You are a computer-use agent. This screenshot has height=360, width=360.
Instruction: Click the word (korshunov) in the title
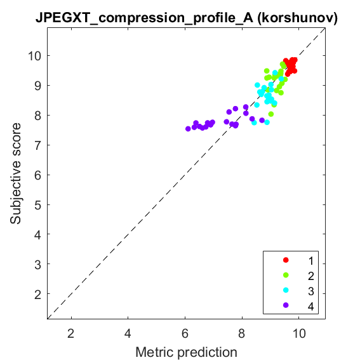pyautogui.click(x=298, y=18)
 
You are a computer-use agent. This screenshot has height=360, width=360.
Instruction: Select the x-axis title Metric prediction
pyautogui.click(x=186, y=352)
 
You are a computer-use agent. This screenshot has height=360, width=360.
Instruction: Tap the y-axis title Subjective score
pyautogui.click(x=15, y=173)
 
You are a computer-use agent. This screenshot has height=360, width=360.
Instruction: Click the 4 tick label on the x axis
pyautogui.click(x=128, y=333)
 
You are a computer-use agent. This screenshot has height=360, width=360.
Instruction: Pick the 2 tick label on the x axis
pyautogui.click(x=70, y=333)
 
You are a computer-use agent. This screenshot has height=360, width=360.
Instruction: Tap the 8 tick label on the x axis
pyautogui.click(x=241, y=333)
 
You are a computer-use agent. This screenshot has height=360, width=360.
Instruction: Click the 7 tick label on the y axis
pyautogui.click(x=38, y=145)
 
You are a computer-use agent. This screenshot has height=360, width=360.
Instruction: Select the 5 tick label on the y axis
pyautogui.click(x=38, y=205)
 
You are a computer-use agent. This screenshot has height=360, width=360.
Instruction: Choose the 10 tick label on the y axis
pyautogui.click(x=35, y=56)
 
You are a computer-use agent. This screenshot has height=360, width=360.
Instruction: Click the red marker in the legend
pyautogui.click(x=286, y=260)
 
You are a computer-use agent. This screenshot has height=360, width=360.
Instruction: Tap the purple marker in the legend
pyautogui.click(x=286, y=305)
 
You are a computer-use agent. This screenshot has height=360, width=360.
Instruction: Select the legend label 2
pyautogui.click(x=311, y=276)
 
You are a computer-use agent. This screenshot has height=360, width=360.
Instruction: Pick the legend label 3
pyautogui.click(x=311, y=291)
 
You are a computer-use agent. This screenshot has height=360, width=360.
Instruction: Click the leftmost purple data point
pyautogui.click(x=188, y=129)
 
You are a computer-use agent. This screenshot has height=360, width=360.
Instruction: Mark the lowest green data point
pyautogui.click(x=271, y=114)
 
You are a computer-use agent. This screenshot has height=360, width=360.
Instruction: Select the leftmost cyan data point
pyautogui.click(x=254, y=123)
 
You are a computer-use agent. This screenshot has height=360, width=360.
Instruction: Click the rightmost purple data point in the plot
pyautogui.click(x=262, y=120)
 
